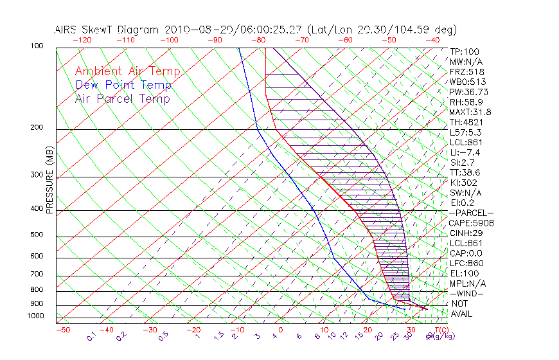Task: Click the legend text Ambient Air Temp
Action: tap(127, 72)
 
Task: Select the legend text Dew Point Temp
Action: tap(123, 85)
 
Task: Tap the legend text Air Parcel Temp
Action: tap(123, 99)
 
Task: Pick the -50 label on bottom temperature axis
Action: tap(62, 330)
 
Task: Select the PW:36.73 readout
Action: tap(470, 92)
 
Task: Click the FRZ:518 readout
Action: tap(467, 72)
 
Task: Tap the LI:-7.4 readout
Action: tap(465, 152)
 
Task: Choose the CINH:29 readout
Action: tap(467, 233)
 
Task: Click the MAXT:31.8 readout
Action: tap(471, 112)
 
